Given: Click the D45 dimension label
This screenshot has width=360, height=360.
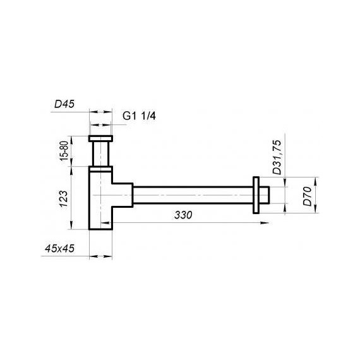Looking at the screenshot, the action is (x=64, y=104).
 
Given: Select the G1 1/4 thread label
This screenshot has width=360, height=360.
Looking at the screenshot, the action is (x=139, y=116).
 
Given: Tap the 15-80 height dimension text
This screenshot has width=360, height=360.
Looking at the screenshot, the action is (x=64, y=151).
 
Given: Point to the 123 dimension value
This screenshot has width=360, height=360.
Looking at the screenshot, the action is (x=64, y=199).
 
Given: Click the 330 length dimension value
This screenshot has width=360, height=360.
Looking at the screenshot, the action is (x=183, y=215).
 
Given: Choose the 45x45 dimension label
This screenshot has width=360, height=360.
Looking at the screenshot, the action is (x=59, y=248).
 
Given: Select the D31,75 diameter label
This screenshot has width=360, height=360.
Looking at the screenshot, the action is (x=277, y=157).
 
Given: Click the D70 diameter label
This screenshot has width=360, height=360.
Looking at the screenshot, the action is (x=308, y=196).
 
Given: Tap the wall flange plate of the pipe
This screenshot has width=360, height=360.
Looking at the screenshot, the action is (x=256, y=195).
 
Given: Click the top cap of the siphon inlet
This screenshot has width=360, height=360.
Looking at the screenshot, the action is (x=100, y=139).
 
